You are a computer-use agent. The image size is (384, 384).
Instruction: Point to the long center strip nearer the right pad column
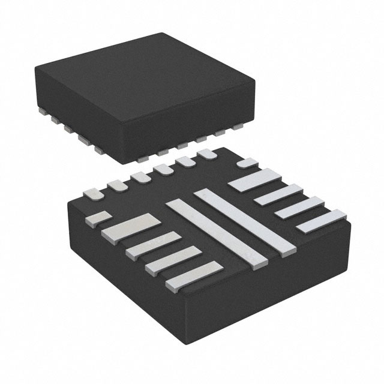pyautogui.click(x=245, y=219)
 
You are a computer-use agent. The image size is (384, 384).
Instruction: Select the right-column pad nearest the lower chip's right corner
pyautogui.click(x=322, y=221)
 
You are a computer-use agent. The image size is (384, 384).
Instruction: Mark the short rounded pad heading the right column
pyautogui.click(x=247, y=163)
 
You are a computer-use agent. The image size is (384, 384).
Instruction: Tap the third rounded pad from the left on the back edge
pyautogui.click(x=142, y=178)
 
